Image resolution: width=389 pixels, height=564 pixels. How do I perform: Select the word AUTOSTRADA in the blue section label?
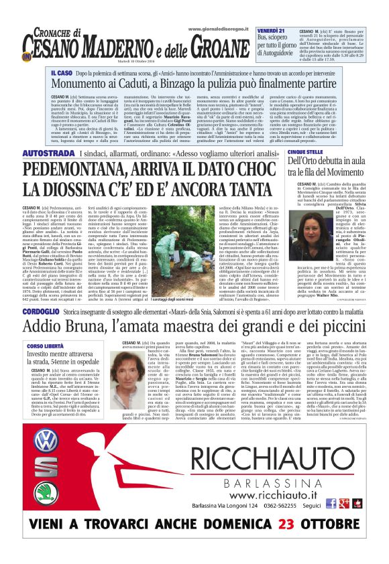[48, 155]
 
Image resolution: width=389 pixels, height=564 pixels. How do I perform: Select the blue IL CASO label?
[61, 70]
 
